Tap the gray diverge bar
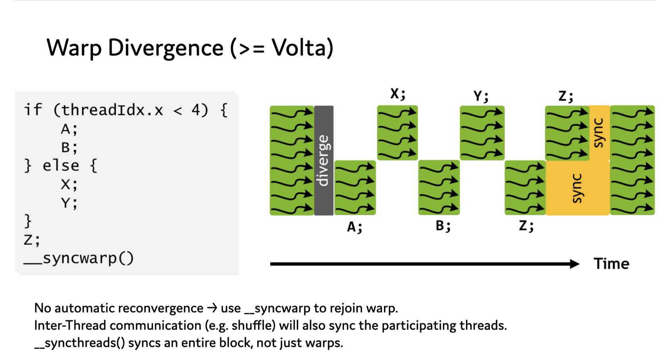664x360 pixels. coord(324,160)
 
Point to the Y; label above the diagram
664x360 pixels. coord(481,96)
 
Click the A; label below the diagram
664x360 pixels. coord(355,227)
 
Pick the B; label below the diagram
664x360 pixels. coord(443,226)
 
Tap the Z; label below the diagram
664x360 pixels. coord(526,226)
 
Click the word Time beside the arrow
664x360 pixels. coord(611,264)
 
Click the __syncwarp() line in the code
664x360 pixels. coord(79,259)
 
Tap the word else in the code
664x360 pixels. coord(61,166)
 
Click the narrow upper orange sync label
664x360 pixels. coord(599,133)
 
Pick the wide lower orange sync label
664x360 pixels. coord(577,188)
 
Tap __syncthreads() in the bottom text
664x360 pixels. coord(80,343)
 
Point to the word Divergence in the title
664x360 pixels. coord(166,48)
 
